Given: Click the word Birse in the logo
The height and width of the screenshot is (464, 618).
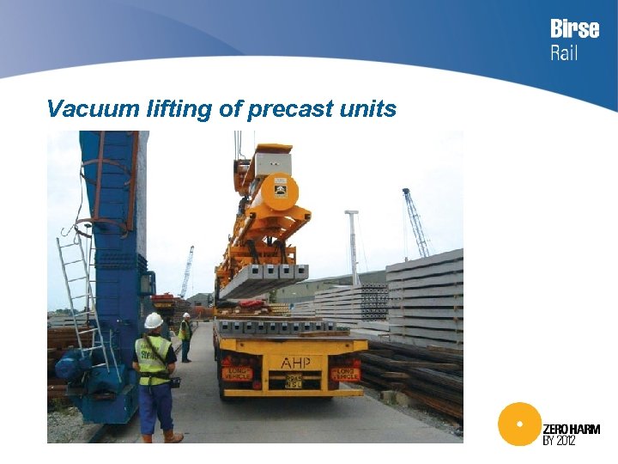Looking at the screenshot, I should coord(574,29).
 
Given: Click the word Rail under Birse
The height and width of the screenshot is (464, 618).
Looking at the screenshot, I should coord(564,52).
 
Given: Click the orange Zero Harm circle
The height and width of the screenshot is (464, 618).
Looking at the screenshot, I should coord(518,424).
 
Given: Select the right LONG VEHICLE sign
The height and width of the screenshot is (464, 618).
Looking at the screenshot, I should coord(345,374).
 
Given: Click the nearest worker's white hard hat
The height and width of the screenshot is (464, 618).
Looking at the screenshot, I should coord(154,321).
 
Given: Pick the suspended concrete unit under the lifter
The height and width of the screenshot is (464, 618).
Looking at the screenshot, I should coord(262,280).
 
